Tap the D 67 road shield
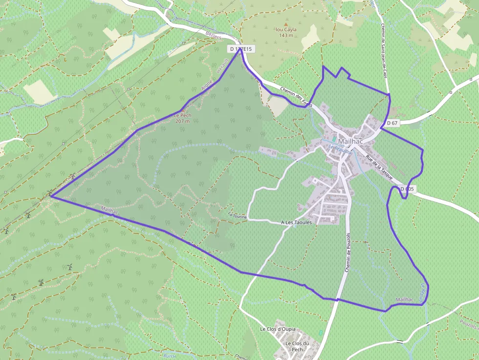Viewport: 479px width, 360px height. point(392,123)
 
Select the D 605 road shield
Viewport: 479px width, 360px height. point(408,189)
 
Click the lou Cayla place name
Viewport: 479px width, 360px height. point(286,29)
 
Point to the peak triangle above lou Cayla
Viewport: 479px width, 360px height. point(286,23)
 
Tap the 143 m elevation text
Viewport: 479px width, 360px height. point(286,35)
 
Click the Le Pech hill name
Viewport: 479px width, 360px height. point(182,115)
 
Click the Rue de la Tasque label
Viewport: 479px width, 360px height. point(379,168)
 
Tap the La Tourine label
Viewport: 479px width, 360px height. point(237,215)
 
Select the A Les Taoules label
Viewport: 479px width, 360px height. point(296,222)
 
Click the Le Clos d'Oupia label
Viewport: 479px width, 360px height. point(277,329)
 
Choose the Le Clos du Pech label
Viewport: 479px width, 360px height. point(294,346)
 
